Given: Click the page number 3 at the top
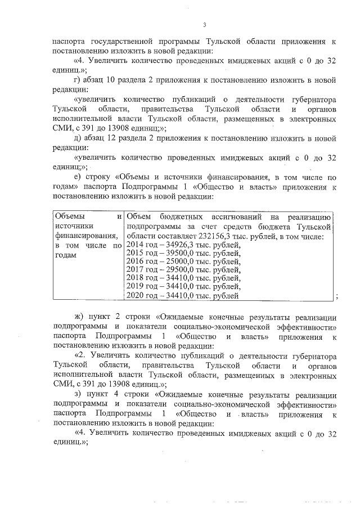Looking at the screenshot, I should pyautogui.click(x=205, y=24).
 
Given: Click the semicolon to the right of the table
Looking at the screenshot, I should pyautogui.click(x=336, y=297).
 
